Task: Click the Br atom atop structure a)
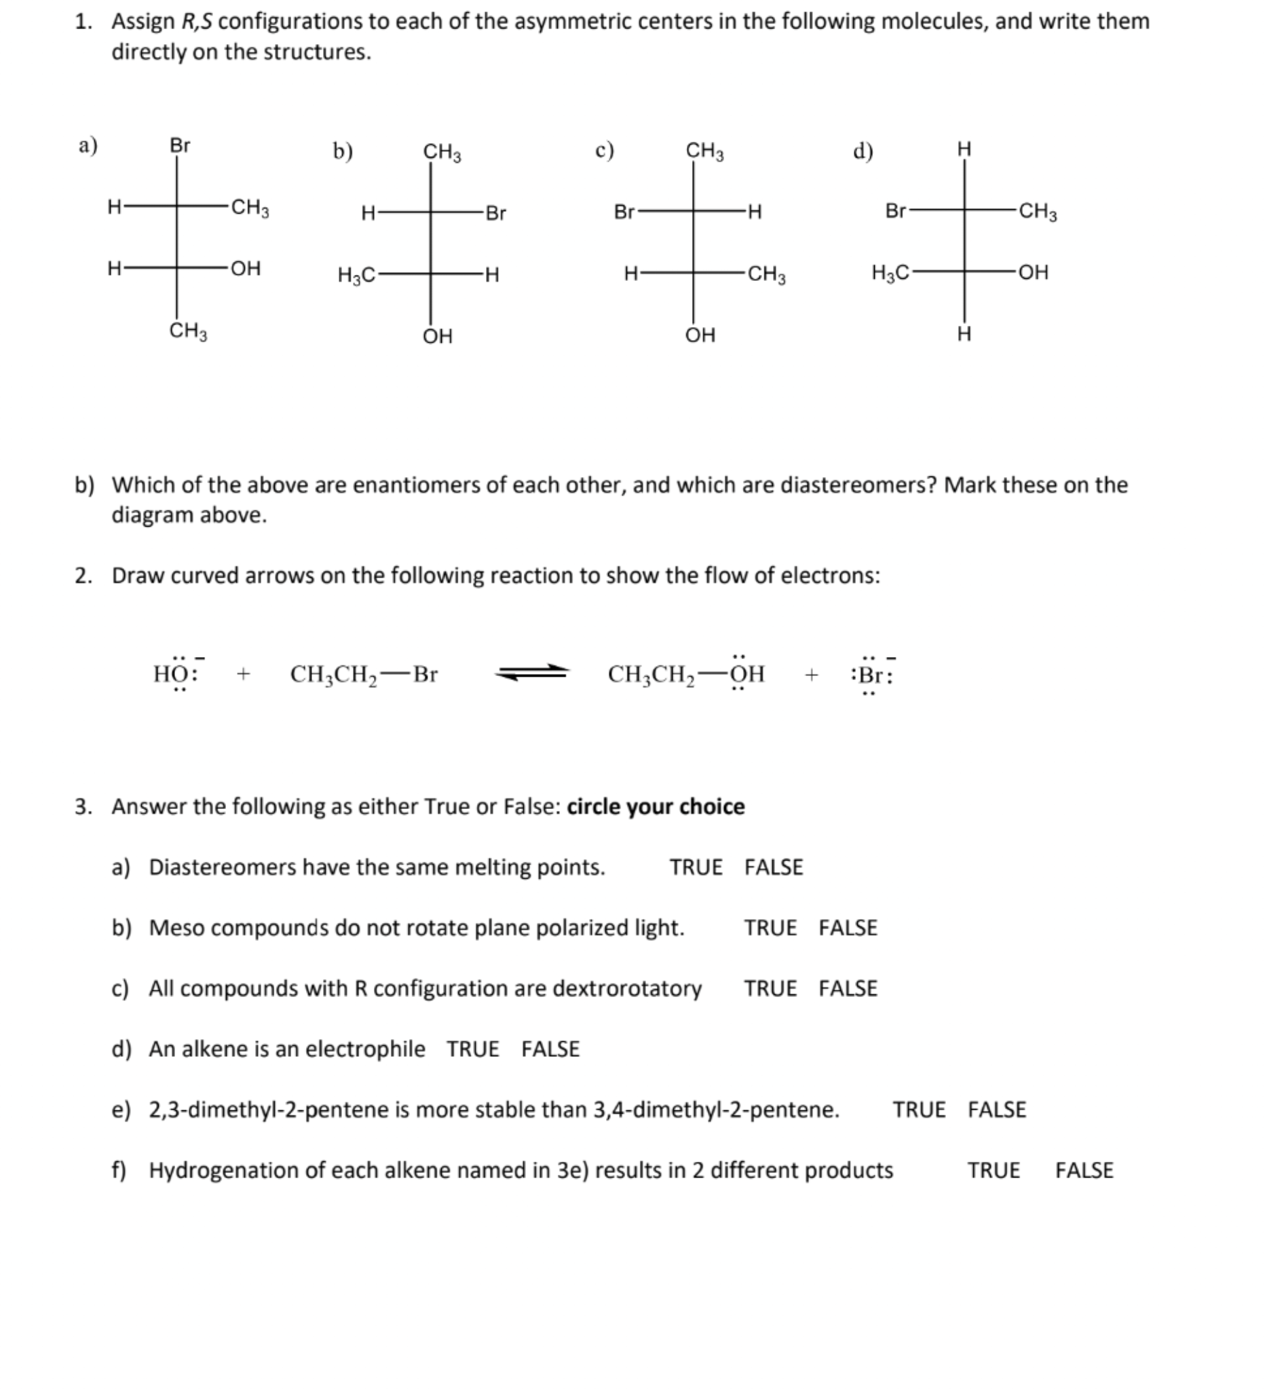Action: (x=180, y=145)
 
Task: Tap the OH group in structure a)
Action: (x=246, y=268)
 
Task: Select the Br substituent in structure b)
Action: (x=495, y=213)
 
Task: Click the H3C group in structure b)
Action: (x=356, y=276)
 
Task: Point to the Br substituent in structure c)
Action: (x=624, y=212)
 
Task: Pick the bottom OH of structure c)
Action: (x=700, y=335)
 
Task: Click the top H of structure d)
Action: (x=964, y=148)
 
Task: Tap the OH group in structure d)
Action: (x=1034, y=272)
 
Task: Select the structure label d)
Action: (x=863, y=150)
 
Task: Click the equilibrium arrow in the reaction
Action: (x=532, y=672)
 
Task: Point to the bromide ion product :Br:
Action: (x=872, y=674)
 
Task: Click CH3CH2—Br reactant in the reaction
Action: (x=364, y=674)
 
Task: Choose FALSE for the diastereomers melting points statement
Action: (x=774, y=867)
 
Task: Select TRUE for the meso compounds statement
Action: (x=770, y=927)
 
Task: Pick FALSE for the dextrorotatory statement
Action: (x=848, y=988)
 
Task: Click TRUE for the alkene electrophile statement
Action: (x=473, y=1049)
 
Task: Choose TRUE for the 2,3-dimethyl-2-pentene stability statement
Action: (x=919, y=1110)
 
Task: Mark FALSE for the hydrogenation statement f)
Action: (x=1084, y=1170)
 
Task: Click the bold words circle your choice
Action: (x=656, y=806)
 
